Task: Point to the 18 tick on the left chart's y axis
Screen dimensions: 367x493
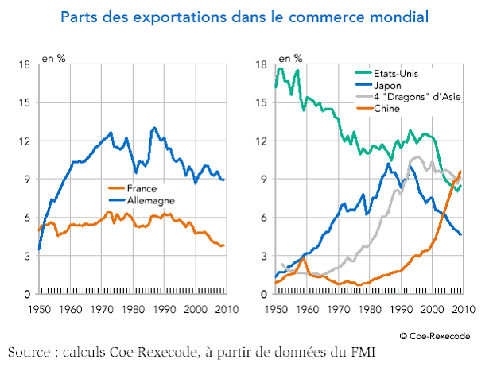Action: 24,64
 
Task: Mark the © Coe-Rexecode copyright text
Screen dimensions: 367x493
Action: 434,336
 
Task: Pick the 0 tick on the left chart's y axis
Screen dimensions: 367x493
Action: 26,294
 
